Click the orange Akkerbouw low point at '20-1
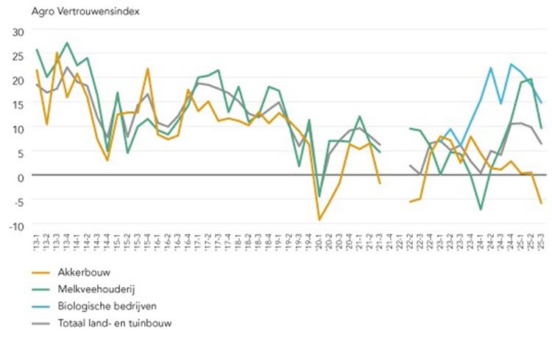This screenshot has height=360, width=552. (x=319, y=219)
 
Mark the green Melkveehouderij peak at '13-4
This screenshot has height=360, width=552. (x=67, y=43)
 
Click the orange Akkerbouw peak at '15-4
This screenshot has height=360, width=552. (x=148, y=68)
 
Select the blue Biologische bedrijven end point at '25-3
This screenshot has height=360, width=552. (x=541, y=103)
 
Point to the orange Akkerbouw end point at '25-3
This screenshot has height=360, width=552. (x=541, y=203)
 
